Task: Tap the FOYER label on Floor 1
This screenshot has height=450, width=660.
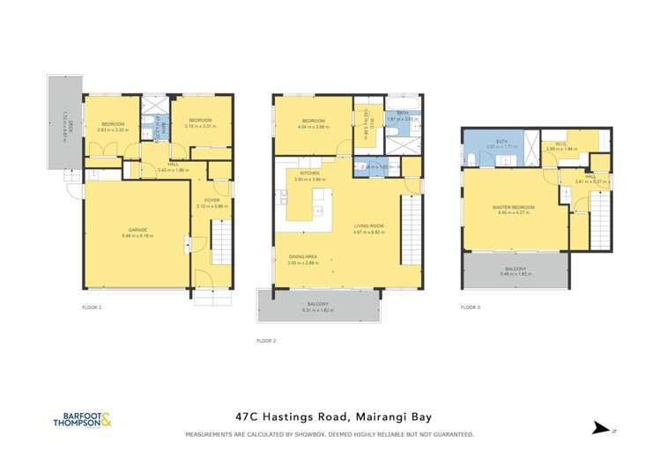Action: (x=212, y=200)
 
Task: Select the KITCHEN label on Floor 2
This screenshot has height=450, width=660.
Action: (x=308, y=173)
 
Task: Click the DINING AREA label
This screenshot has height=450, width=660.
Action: (x=302, y=257)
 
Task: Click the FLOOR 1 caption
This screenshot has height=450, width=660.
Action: (x=92, y=307)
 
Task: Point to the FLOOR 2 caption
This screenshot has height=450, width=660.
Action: (x=266, y=340)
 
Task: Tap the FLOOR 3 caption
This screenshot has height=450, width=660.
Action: (x=471, y=307)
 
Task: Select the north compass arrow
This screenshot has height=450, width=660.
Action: (x=602, y=430)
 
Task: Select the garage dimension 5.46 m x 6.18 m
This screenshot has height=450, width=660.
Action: (x=137, y=235)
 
